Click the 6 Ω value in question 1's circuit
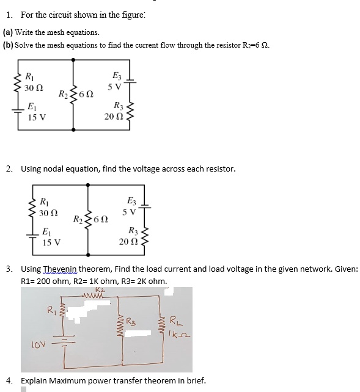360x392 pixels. tap(86, 95)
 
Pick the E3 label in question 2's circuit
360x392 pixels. tap(131, 201)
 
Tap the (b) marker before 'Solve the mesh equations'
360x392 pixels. tap(9, 45)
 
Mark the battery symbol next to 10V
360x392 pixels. tap(63, 339)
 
